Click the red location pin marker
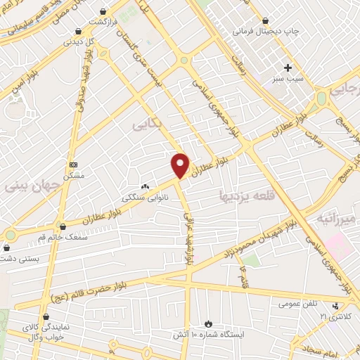(x=181, y=165)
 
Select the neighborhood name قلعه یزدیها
(x=245, y=193)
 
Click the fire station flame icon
(x=208, y=323)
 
